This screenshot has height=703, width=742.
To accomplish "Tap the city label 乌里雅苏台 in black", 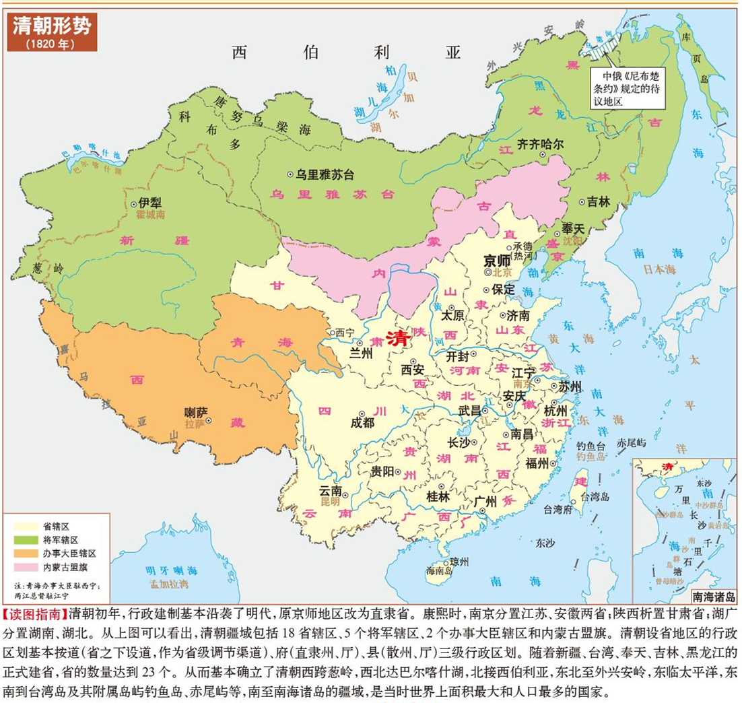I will click(326, 174).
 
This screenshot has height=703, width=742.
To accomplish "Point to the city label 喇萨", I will click(195, 411).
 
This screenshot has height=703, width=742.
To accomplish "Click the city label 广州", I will click(485, 501).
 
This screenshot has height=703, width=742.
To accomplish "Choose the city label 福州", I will click(537, 463).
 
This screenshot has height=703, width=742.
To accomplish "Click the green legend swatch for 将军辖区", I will click(26, 540).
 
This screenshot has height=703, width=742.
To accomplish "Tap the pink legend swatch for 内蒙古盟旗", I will click(26, 568).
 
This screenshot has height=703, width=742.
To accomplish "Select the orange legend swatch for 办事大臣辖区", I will click(26, 554).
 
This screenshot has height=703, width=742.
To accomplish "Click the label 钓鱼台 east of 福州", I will click(591, 445).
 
